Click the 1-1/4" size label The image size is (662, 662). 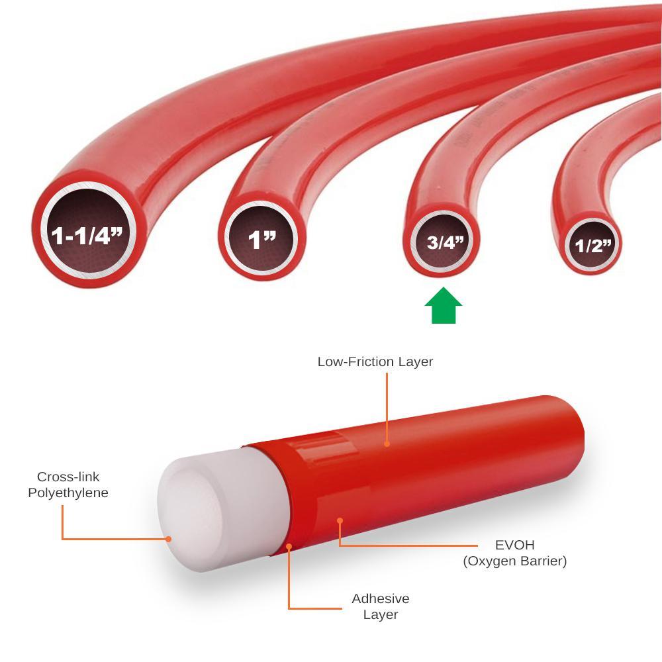pos(87,236)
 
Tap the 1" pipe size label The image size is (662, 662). pos(261,240)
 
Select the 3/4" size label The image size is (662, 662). pos(445,242)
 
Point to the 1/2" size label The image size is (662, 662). pos(593,246)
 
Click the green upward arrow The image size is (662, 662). pos(444,306)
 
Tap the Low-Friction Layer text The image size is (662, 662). pos(375,362)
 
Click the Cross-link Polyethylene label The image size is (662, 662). pos(68,485)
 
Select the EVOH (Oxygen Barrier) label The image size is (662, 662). pos(514,553)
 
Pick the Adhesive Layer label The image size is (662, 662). pos(381,606)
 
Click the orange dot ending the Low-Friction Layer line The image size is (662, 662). pos(387,444)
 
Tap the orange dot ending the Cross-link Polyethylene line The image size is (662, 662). pos(168,539)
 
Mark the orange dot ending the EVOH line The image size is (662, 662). pos(340,520)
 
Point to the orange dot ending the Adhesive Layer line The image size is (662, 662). pos(289,547)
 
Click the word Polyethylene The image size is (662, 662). pos(68,493)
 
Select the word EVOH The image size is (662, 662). pos(514,545)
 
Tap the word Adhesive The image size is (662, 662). pos(381,598)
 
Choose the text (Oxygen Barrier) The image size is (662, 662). pos(514,561)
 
